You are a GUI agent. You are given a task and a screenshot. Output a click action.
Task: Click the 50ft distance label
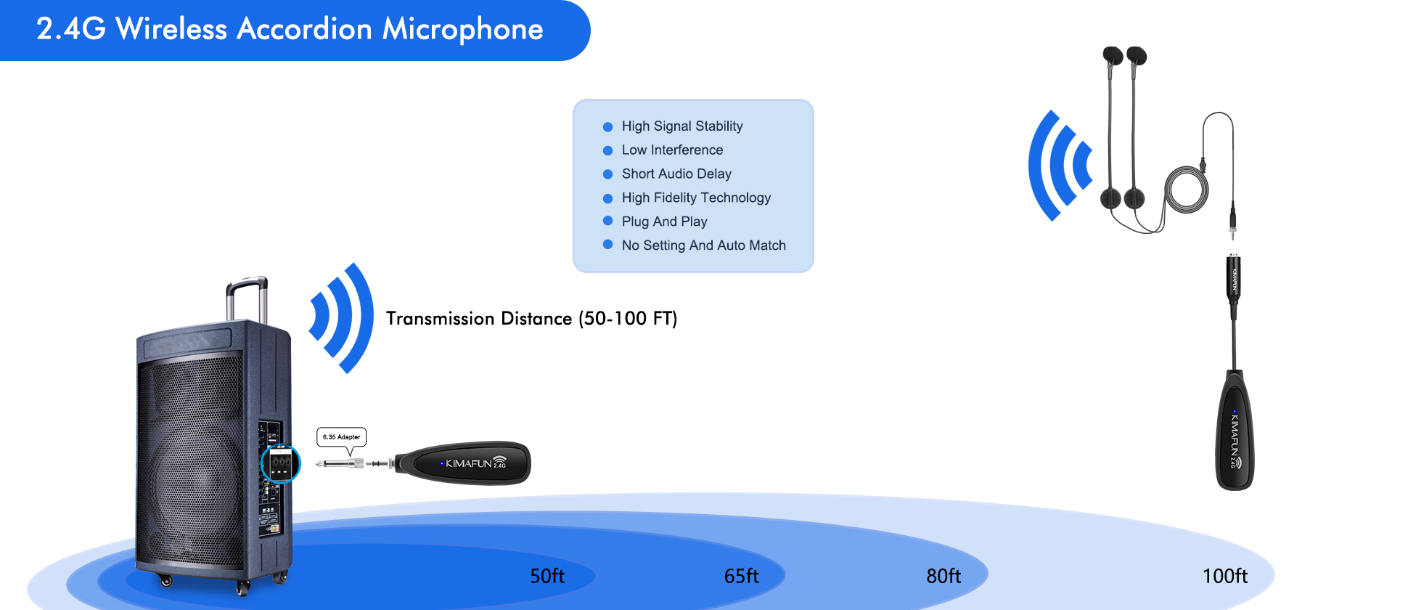547,576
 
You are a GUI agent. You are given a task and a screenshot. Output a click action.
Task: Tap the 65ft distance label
741,576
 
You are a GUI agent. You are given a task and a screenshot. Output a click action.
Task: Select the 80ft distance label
944,576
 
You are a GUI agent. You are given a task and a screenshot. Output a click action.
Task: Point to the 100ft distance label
1225,576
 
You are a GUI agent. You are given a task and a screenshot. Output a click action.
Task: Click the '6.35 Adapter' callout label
342,437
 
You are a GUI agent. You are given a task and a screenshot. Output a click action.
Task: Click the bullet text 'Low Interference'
672,150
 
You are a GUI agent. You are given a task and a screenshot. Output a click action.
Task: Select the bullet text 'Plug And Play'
664,221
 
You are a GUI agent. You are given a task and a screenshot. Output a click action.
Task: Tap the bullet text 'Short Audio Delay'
676,174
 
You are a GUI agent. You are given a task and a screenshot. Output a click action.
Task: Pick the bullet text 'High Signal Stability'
682,126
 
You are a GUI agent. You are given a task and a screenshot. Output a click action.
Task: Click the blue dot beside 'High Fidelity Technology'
608,198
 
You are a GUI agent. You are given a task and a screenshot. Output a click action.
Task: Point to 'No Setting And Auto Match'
703,245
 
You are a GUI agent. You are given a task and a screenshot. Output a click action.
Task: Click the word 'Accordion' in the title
305,29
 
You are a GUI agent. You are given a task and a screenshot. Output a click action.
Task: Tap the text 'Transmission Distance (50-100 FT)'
531,319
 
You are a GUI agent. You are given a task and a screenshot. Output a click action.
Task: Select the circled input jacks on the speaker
280,463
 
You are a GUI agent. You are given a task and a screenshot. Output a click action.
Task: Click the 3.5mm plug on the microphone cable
1233,224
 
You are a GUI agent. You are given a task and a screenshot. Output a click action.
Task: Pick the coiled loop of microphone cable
1187,190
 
